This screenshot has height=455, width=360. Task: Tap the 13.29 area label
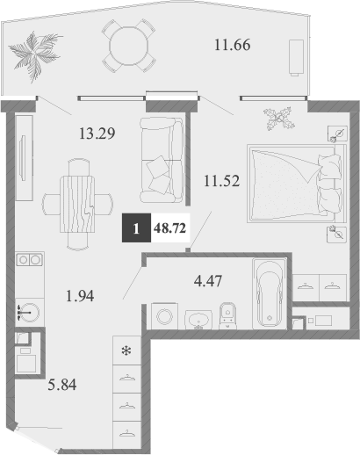pyautogui.click(x=97, y=134)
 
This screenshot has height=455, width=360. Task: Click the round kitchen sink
pyautogui.click(x=25, y=312)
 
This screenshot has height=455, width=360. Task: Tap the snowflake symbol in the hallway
pyautogui.click(x=126, y=352)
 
